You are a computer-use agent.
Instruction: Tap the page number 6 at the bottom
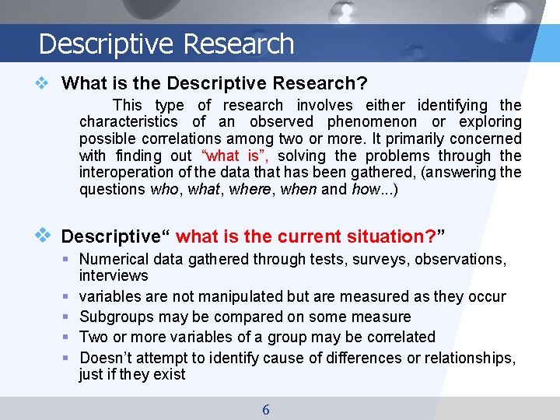coord(266,409)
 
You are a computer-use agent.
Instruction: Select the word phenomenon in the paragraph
coord(374,121)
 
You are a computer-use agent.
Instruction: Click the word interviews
coord(114,276)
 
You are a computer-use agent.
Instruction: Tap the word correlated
coord(397,337)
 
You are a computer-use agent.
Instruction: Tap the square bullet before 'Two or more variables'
coord(68,337)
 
